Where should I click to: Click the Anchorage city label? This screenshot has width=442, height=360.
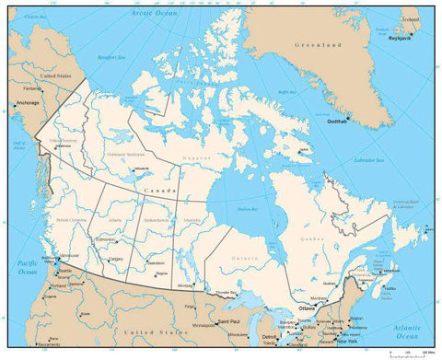coord(28,104)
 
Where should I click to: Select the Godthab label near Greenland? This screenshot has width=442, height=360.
coord(339,122)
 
